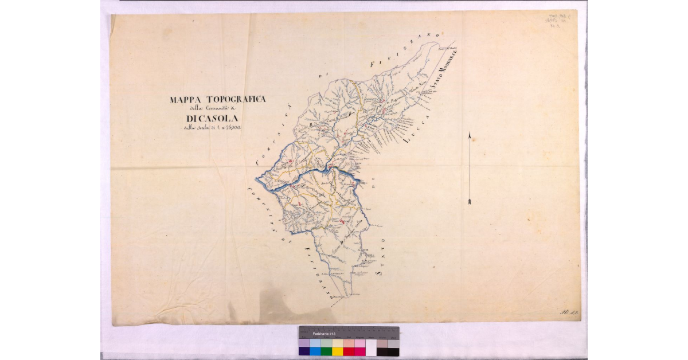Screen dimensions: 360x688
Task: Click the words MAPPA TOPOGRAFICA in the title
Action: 218,99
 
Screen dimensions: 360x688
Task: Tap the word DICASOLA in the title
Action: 218,119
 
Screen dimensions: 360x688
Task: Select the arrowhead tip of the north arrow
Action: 470,134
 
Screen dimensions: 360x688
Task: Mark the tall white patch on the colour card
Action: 371,347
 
